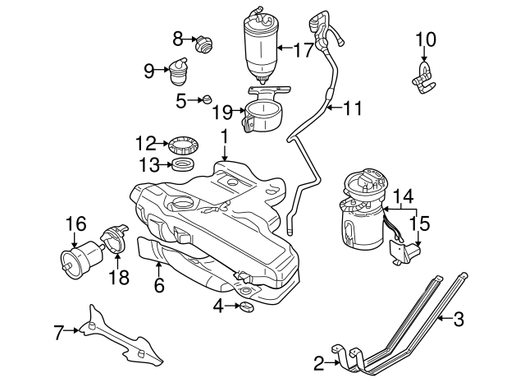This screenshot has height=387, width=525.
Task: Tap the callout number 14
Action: coord(401,196)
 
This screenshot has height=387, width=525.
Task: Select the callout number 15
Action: coord(420,223)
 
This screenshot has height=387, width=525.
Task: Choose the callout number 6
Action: coord(159,286)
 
